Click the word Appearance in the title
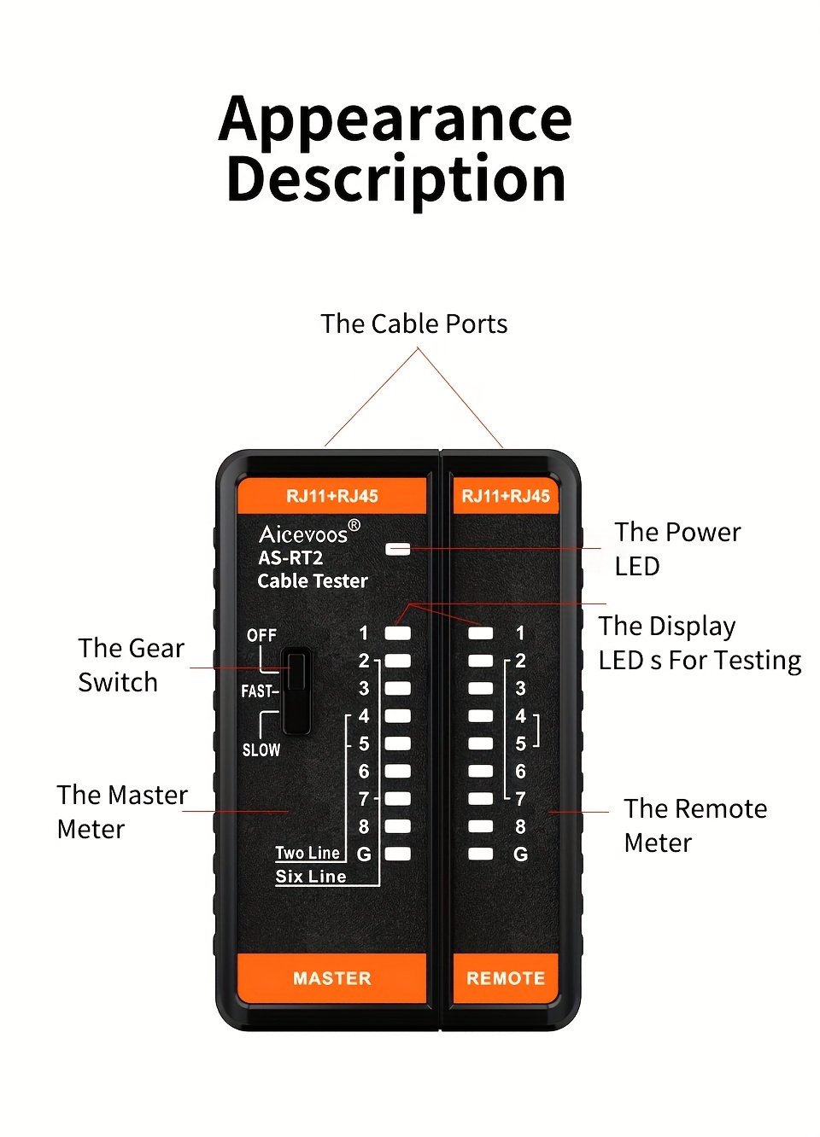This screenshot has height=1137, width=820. click(395, 120)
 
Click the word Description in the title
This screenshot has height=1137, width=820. click(395, 179)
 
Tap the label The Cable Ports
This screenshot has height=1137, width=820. click(413, 324)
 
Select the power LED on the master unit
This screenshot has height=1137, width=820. click(398, 549)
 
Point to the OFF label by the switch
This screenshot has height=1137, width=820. click(261, 635)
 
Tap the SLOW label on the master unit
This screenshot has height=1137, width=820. click(261, 749)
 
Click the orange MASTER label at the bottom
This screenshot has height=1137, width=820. click(331, 978)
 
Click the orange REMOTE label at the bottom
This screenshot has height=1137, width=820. click(506, 978)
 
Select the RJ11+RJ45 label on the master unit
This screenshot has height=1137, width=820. click(331, 496)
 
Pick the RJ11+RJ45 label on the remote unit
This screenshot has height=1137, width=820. click(506, 496)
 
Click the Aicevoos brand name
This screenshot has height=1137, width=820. click(304, 534)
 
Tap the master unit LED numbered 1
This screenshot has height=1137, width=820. click(398, 633)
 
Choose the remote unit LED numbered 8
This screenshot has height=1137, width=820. click(481, 826)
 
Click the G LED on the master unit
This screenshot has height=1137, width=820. click(398, 854)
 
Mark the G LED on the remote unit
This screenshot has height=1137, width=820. click(481, 854)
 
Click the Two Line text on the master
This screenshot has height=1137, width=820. click(307, 853)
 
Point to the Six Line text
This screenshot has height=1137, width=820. click(311, 877)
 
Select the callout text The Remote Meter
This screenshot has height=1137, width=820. click(694, 825)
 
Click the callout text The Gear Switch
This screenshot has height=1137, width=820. click(131, 665)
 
